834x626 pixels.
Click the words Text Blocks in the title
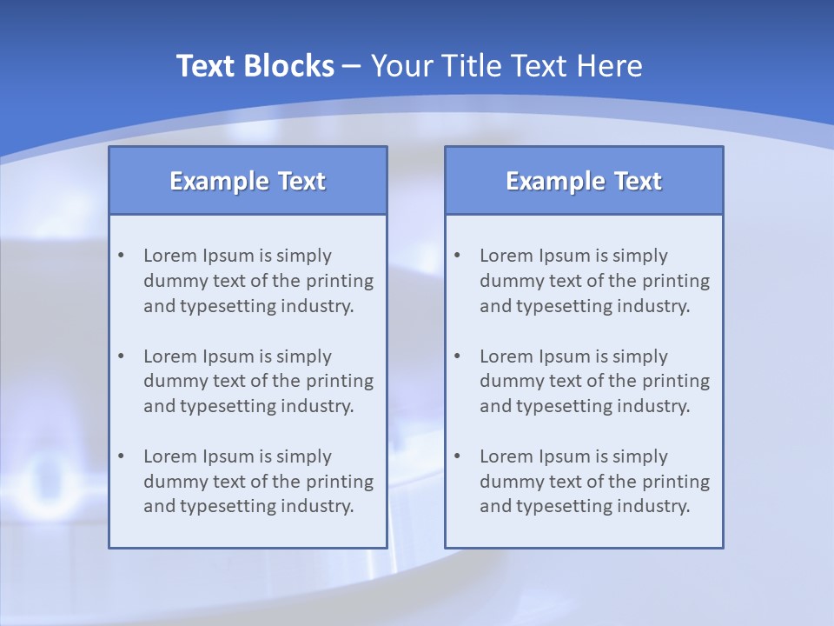tap(255, 66)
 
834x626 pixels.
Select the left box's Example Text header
tap(248, 181)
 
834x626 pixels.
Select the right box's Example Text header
tap(584, 181)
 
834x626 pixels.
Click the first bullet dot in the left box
tap(122, 256)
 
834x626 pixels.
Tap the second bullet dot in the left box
tap(122, 356)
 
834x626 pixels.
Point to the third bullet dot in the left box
tap(122, 456)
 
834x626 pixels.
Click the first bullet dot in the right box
tap(458, 256)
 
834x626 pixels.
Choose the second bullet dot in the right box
tap(458, 356)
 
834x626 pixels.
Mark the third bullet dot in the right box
tap(458, 456)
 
